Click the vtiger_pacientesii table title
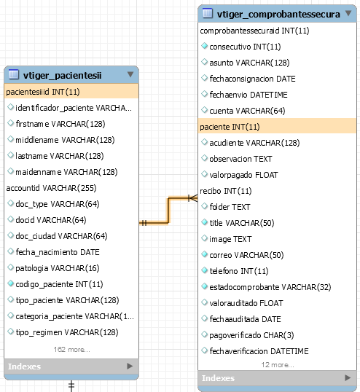point(62,75)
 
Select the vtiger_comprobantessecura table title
point(278,15)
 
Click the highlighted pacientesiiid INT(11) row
point(71,92)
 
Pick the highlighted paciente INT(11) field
point(277,127)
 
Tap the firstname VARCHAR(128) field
point(60,124)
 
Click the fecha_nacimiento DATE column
point(58,252)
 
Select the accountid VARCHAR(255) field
point(51,188)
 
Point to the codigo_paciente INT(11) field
point(59,284)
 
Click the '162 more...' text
point(71,349)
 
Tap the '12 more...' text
point(278,365)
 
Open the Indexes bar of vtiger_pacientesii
point(71,366)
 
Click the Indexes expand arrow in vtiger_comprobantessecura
point(348,377)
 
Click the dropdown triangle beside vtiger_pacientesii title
point(130,74)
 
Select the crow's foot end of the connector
point(192,198)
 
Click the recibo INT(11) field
point(226,191)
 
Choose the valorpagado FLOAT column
point(243,175)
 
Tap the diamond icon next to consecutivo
point(205,46)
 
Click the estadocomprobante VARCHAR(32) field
point(270,287)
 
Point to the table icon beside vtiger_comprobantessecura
point(208,13)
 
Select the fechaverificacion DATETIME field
point(259,351)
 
